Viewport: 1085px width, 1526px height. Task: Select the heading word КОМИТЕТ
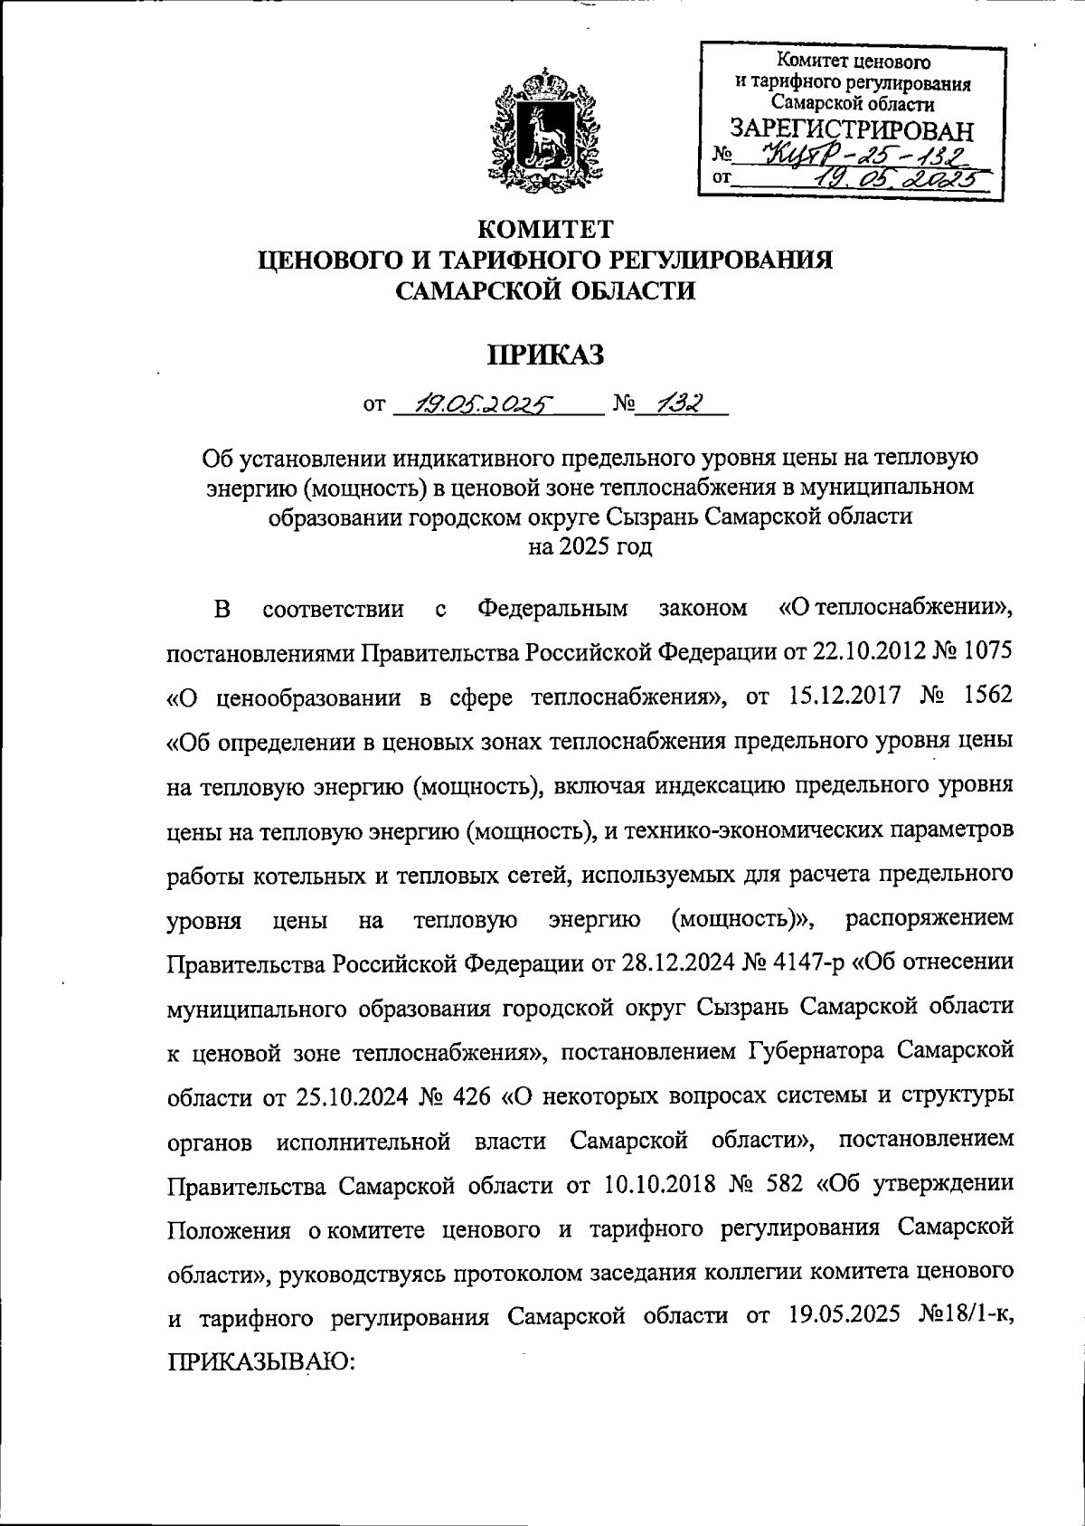(545, 230)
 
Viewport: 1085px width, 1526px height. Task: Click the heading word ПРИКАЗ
(545, 355)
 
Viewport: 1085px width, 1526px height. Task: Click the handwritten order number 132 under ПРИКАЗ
(680, 403)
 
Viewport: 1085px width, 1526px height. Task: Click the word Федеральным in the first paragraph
(552, 609)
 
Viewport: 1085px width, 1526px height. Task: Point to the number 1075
(981, 651)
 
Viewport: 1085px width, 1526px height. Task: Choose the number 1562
(981, 697)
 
